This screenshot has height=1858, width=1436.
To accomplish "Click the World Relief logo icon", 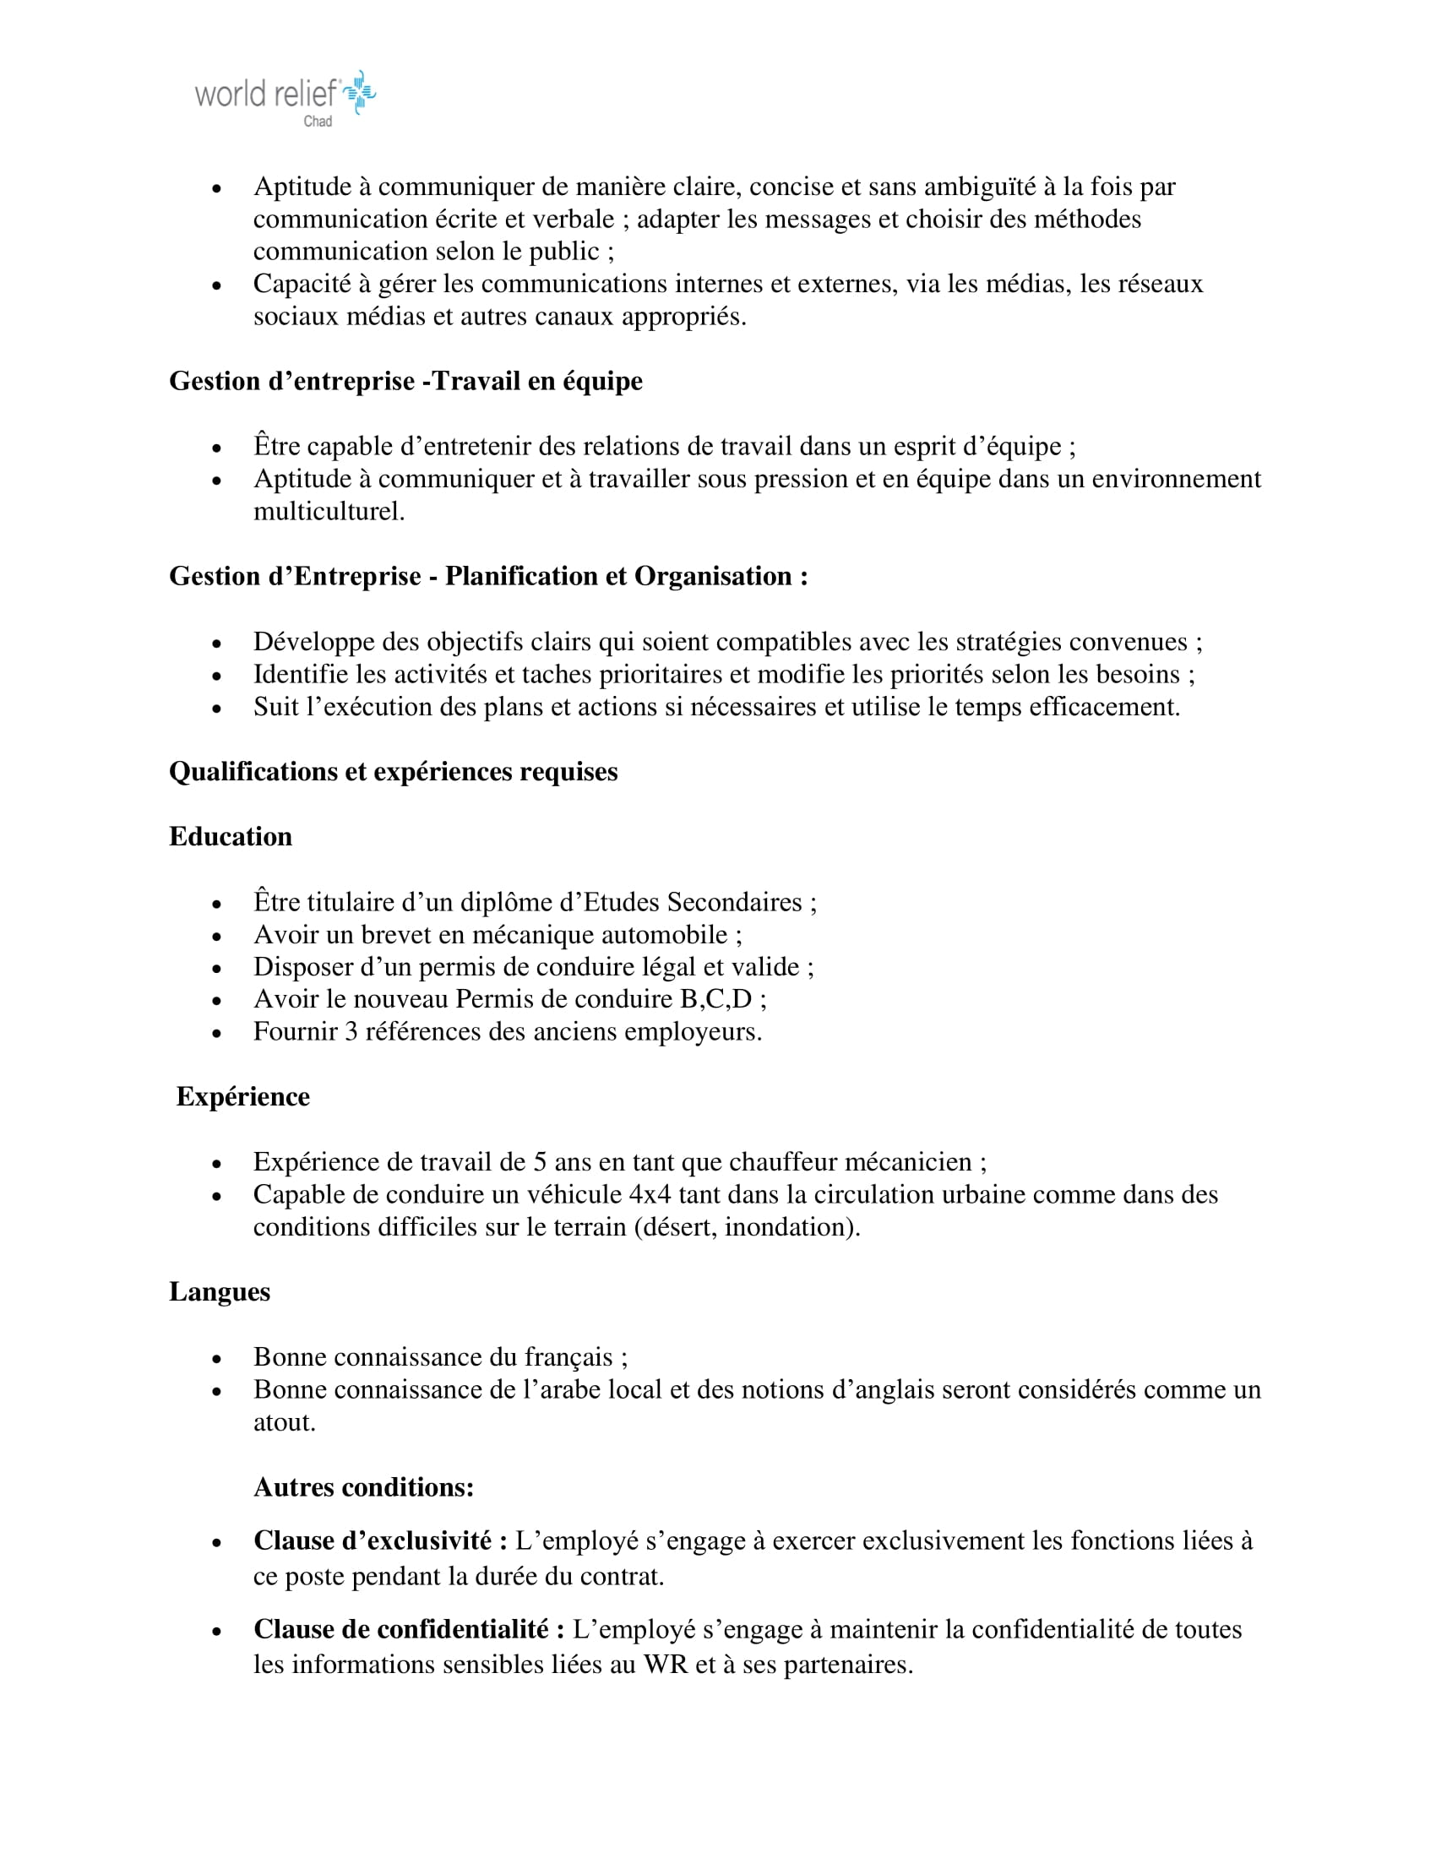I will (x=361, y=92).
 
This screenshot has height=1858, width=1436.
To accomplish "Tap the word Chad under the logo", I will (x=318, y=122).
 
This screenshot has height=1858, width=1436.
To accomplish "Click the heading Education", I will (x=231, y=836).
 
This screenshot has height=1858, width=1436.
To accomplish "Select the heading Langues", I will (x=220, y=1291).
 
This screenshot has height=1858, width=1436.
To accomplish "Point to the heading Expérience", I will (x=242, y=1096).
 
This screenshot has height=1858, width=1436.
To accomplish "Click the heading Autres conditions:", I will (x=363, y=1487).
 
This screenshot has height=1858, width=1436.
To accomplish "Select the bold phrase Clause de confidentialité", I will (x=409, y=1629).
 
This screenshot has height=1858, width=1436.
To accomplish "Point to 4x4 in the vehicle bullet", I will (x=650, y=1194).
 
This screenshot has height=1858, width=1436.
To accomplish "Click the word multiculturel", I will (x=329, y=511).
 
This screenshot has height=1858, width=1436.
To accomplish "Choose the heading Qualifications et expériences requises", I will (x=393, y=772).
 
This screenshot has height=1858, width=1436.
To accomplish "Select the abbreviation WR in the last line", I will (x=666, y=1665).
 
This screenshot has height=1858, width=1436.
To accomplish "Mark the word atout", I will (x=284, y=1422).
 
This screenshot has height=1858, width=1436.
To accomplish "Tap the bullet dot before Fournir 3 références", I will (x=217, y=1034).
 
